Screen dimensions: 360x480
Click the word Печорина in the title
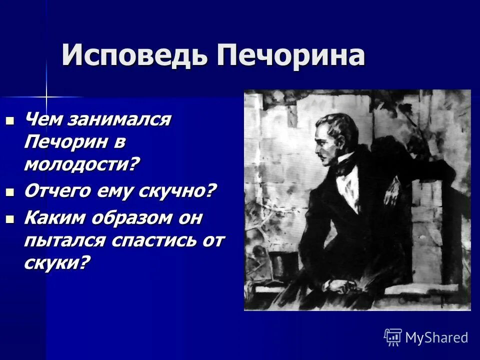(x=290, y=55)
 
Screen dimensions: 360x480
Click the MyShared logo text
(x=436, y=337)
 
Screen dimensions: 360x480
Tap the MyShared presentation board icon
(x=393, y=337)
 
